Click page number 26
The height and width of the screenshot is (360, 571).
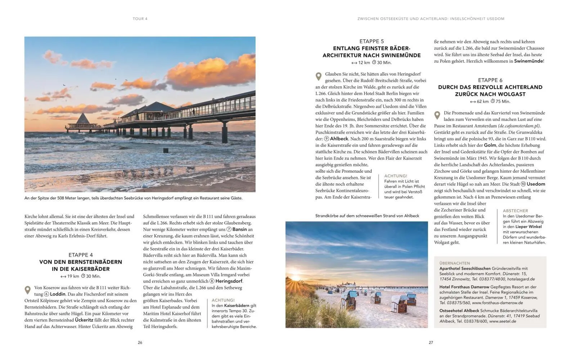tap(140, 342)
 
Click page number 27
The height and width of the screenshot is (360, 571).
tap(431, 342)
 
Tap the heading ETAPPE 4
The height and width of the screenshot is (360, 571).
tap(81, 255)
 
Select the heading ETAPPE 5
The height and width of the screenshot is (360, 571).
tap(372, 41)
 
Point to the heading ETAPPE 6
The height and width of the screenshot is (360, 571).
tap(490, 80)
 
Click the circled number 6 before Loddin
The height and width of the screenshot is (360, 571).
tap(46, 294)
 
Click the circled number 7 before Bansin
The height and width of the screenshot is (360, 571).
tap(229, 229)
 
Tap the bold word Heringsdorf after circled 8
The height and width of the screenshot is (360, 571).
tap(229, 281)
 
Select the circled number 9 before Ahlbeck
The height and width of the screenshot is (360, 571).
tap(327, 139)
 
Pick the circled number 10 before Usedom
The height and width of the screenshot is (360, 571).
tap(523, 184)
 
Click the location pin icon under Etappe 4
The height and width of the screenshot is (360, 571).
tap(27, 290)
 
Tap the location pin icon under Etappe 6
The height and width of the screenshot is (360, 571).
tap(437, 115)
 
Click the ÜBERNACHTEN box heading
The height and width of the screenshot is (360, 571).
tap(455, 263)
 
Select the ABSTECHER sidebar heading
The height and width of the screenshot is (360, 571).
tap(515, 211)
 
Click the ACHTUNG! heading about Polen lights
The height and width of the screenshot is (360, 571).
tap(396, 176)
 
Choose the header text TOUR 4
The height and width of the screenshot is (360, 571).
tap(140, 19)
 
